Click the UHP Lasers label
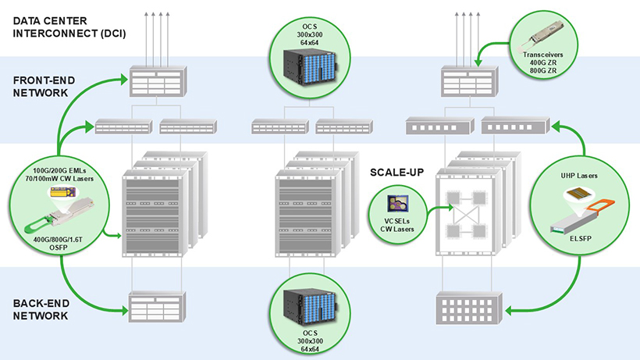point(579,176)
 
